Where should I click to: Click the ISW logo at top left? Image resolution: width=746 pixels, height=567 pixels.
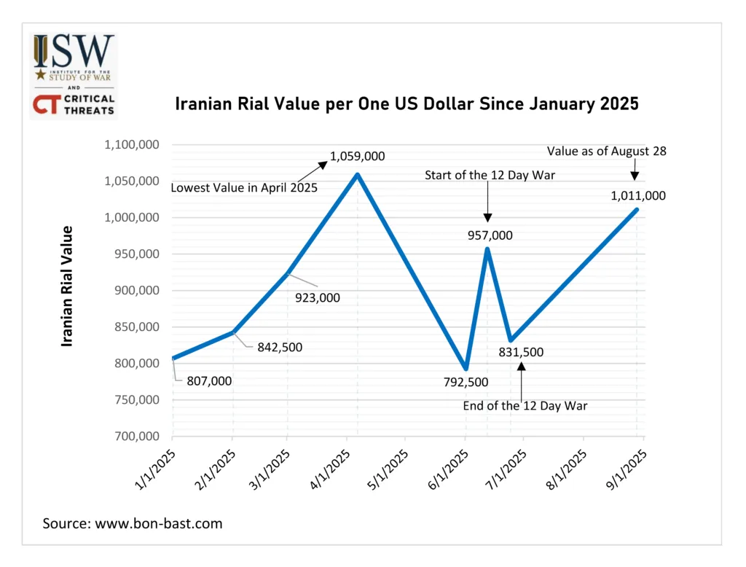point(73,57)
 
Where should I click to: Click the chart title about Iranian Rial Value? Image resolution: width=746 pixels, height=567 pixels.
point(407,104)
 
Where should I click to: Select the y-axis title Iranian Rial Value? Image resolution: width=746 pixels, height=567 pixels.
point(67,286)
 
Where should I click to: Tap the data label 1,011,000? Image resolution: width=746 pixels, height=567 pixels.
point(638,195)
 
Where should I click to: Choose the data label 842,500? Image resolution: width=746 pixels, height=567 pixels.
point(280,347)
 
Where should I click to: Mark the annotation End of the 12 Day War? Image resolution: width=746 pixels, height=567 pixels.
point(525,406)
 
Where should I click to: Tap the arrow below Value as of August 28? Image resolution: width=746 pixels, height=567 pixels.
point(635,171)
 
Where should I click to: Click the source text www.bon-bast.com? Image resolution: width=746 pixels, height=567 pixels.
point(133,523)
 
